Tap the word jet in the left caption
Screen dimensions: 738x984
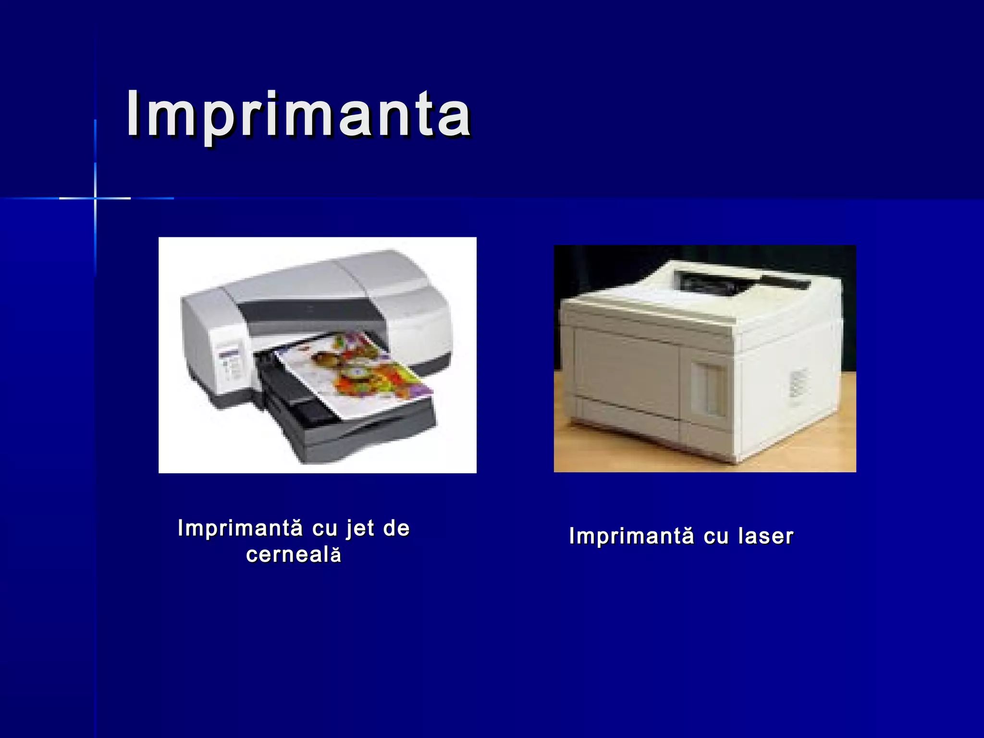tap(360, 529)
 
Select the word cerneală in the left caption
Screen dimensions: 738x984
tap(294, 555)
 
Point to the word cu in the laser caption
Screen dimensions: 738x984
tap(716, 536)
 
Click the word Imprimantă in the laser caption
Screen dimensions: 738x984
tap(631, 536)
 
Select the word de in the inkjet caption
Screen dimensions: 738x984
tap(396, 528)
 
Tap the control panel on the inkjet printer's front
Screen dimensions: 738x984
tap(230, 365)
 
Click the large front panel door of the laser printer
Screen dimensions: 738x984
tap(625, 370)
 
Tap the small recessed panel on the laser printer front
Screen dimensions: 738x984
tap(709, 389)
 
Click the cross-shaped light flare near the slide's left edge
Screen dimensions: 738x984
tap(95, 198)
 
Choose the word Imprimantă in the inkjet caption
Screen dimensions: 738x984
tap(240, 529)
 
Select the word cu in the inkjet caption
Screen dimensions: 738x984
tap(325, 529)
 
